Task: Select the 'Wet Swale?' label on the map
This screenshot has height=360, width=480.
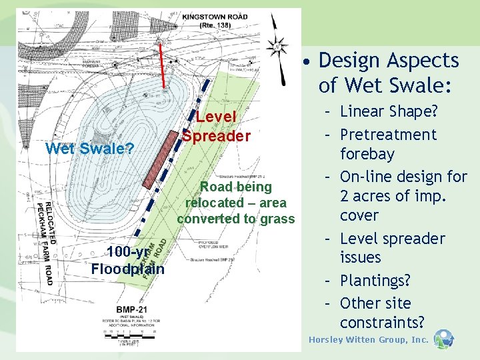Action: click(x=89, y=148)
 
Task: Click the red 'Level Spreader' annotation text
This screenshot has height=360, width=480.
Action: click(x=217, y=126)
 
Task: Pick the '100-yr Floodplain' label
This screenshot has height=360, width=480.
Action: click(x=127, y=261)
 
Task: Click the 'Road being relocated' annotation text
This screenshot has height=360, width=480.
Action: click(x=236, y=203)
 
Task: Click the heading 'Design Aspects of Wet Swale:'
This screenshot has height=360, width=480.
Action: click(x=388, y=72)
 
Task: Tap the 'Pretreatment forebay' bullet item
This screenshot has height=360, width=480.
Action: click(x=387, y=144)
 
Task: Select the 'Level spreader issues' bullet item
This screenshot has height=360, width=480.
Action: click(x=392, y=248)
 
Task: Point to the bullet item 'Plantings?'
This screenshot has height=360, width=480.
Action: click(x=376, y=280)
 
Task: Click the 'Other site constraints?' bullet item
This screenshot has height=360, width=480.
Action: click(x=381, y=313)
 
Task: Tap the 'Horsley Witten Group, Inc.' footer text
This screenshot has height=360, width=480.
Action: click(x=369, y=340)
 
